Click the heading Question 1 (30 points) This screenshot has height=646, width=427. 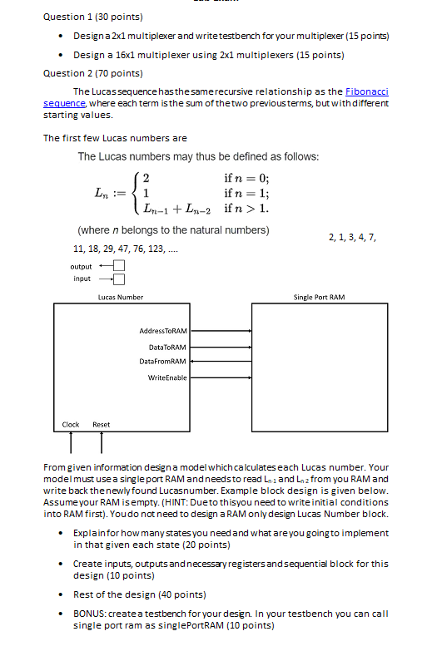click(x=92, y=17)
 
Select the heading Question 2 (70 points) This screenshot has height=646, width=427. click(x=92, y=72)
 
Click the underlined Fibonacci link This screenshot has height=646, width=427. click(x=367, y=91)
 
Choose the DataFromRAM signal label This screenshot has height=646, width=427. click(x=166, y=362)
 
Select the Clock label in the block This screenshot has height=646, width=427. click(x=71, y=425)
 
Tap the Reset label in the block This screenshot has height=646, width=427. click(x=101, y=425)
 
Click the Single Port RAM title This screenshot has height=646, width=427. click(x=319, y=297)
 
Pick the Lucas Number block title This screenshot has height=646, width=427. click(x=120, y=297)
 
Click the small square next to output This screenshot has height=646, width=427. click(x=117, y=266)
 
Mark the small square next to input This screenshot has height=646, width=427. click(x=117, y=279)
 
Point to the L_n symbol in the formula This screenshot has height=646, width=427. click(x=99, y=192)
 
